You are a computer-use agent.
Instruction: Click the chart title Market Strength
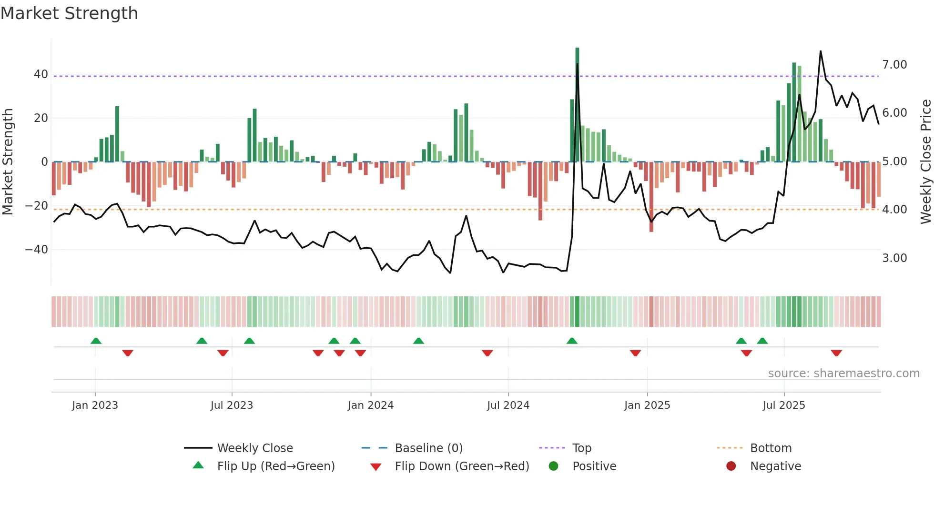tap(69, 13)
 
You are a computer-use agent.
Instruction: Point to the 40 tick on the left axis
tap(41, 74)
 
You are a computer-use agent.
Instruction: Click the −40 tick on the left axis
tap(37, 250)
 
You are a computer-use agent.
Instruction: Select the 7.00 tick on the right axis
tap(894, 65)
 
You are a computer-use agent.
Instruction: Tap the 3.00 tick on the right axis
tap(894, 258)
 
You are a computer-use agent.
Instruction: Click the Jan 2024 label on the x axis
tap(370, 405)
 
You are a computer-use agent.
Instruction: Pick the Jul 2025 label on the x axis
tap(783, 405)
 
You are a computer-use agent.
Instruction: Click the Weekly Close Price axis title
tap(925, 162)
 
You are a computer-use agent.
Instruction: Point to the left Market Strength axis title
tap(8, 162)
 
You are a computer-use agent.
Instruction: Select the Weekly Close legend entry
tap(254, 448)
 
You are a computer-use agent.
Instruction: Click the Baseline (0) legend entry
tap(428, 448)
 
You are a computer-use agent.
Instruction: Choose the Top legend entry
tap(581, 448)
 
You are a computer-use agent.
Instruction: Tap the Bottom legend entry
tap(771, 448)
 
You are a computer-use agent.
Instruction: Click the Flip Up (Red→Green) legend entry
tap(275, 466)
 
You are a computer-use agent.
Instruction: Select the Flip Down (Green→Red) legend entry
tap(461, 466)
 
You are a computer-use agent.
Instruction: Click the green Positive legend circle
tap(553, 466)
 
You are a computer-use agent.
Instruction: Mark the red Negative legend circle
tap(731, 466)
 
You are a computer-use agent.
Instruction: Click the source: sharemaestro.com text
tap(843, 374)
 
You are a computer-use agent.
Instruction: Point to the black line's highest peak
tap(820, 51)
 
